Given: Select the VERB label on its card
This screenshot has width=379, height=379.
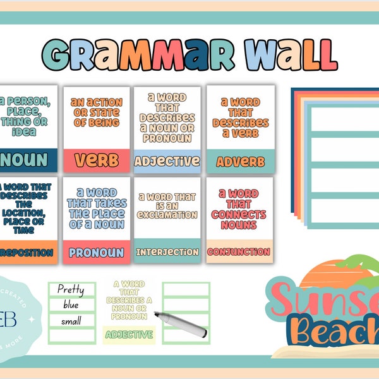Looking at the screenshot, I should click(97, 160).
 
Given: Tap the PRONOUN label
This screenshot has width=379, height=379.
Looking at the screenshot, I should click(97, 253).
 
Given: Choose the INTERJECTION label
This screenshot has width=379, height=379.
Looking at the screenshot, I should click(167, 252).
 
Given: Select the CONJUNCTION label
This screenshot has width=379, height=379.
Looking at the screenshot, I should click(239, 252).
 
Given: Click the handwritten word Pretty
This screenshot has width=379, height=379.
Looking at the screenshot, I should click(71, 290).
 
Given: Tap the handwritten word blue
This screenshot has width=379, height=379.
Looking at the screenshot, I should click(71, 304).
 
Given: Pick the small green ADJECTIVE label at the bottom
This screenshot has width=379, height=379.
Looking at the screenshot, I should click(129, 334).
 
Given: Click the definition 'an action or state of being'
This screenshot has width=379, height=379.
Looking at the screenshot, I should click(97, 112).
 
